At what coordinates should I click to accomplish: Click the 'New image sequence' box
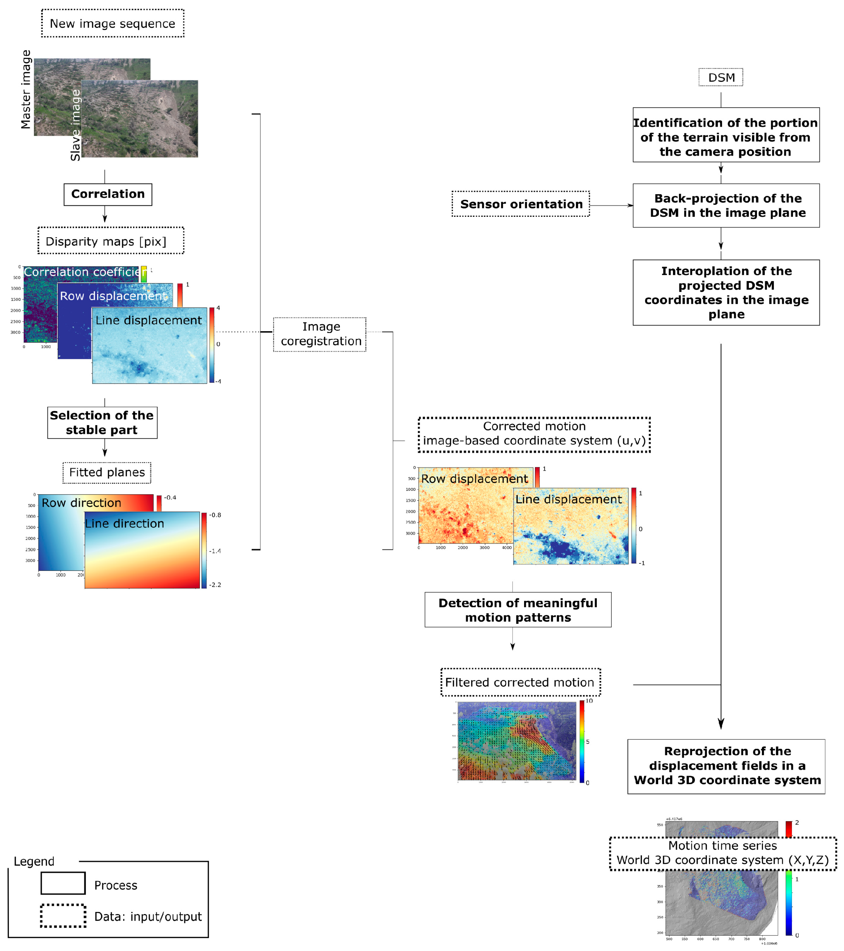coord(112,23)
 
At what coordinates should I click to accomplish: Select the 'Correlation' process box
coord(108,194)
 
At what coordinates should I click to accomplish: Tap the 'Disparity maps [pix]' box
coord(111,241)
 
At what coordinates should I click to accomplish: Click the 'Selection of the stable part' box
coord(102,423)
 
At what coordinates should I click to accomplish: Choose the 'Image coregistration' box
coord(320,334)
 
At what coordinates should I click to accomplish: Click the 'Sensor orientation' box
coord(521,204)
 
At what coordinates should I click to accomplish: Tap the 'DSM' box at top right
coord(721,77)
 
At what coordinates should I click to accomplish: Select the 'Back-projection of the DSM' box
coord(726,205)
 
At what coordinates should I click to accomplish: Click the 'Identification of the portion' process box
coord(726,135)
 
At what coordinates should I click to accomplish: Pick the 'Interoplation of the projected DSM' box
coord(726,292)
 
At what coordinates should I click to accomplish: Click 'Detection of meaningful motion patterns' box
coord(518,609)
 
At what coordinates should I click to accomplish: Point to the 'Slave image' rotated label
coord(75,126)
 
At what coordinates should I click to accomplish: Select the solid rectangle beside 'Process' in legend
coord(63,883)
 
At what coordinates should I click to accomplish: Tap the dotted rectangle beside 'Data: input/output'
coord(63,916)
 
